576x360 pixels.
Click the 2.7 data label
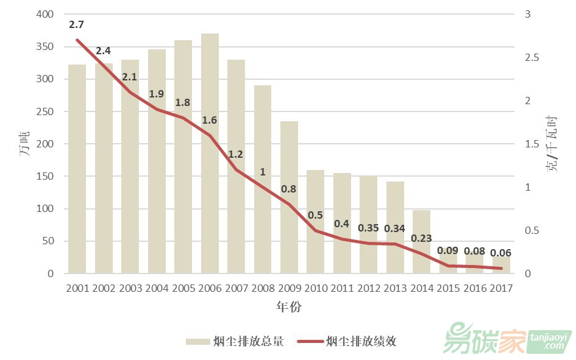point(77,25)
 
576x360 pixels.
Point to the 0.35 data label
point(368,228)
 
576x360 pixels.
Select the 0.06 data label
point(501,253)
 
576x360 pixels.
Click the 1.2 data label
point(236,154)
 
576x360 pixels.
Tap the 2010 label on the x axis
point(316,288)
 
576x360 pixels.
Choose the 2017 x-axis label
point(501,288)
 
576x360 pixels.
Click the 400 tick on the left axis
point(45,15)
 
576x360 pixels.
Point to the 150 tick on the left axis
point(45,177)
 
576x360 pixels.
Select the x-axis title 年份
point(288,307)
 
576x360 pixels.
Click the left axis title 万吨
point(25,144)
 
